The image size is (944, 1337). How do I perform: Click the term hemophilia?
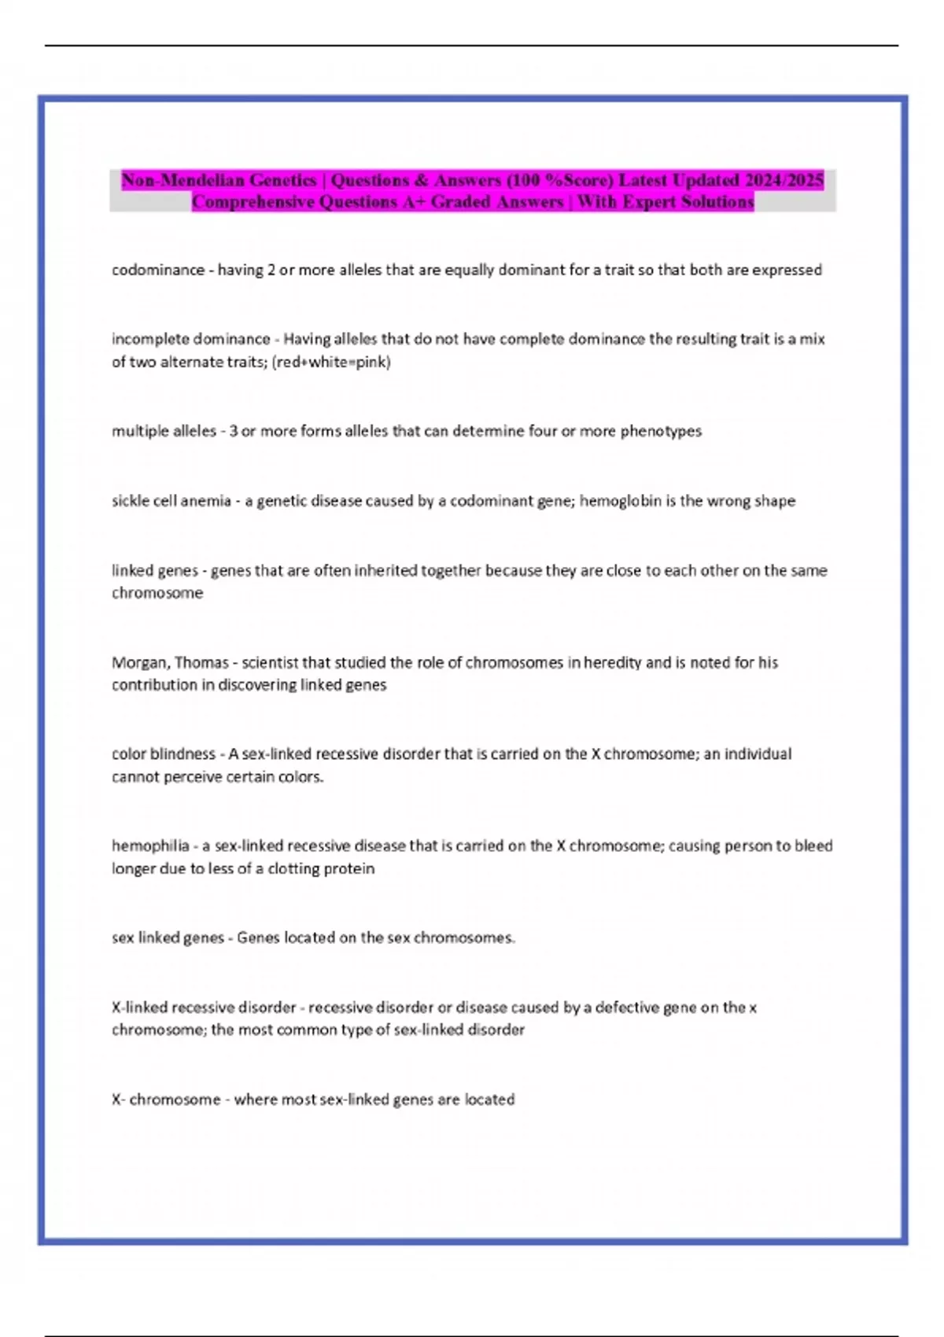(x=150, y=845)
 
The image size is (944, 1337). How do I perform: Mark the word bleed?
(x=813, y=845)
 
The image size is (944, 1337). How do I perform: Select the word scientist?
(x=270, y=662)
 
